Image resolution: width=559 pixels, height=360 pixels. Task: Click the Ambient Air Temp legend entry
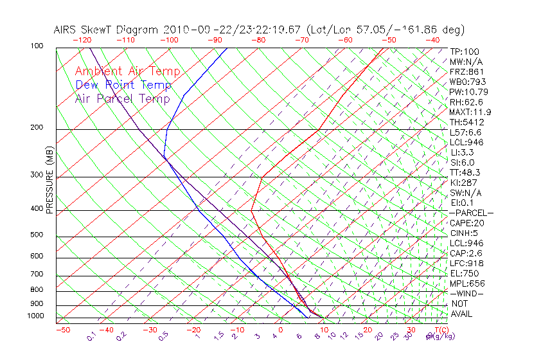tap(127, 71)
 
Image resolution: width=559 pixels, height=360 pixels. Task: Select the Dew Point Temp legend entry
tap(123, 85)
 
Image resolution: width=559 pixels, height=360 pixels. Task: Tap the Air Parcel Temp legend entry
tap(122, 98)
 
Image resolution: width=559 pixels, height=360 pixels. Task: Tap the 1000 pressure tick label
tap(36, 316)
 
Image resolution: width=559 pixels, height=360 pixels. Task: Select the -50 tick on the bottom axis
tap(62, 330)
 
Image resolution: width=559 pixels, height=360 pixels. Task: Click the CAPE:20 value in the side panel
tap(466, 223)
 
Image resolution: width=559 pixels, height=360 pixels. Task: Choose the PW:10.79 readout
tap(469, 92)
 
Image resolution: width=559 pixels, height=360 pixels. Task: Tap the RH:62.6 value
tap(466, 102)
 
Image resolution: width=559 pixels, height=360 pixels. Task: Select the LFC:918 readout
tap(466, 263)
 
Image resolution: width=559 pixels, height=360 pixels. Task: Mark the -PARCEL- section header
tap(472, 213)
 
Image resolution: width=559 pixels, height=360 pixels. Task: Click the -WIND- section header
tap(466, 293)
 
